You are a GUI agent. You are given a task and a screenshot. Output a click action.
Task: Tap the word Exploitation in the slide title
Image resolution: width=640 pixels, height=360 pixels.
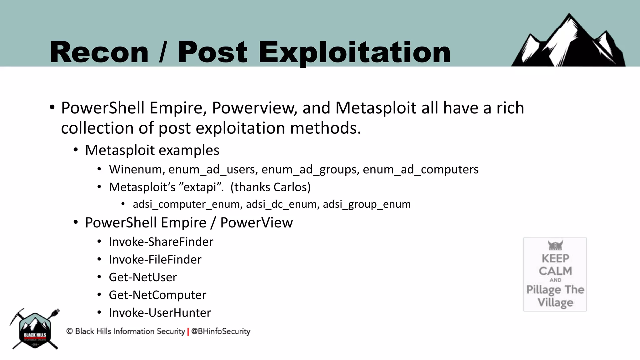point(354,52)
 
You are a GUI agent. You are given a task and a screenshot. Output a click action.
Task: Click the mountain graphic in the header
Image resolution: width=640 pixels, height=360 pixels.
point(568,42)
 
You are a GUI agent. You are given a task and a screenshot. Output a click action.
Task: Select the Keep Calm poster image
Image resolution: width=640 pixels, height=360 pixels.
point(555,274)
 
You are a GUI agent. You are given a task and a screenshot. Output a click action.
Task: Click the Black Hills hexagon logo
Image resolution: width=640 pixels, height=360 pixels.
point(35,330)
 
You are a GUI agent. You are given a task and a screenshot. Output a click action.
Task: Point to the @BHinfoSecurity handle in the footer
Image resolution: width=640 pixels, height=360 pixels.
point(221,331)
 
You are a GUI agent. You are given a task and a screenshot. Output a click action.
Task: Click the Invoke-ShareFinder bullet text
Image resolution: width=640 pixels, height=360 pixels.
point(161,242)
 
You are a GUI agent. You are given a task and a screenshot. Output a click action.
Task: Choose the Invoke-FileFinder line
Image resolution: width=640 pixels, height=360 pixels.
point(155,260)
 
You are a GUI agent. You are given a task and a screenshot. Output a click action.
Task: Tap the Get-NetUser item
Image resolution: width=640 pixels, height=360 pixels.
point(143,277)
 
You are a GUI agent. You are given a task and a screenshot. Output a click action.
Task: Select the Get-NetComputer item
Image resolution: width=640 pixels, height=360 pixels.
point(157,295)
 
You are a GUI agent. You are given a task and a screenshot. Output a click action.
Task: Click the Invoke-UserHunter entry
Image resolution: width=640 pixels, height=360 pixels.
point(160,313)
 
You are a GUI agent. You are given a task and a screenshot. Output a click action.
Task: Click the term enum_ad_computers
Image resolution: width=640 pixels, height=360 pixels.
point(420,170)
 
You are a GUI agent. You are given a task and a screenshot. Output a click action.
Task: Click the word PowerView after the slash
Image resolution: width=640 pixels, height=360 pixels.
point(256,223)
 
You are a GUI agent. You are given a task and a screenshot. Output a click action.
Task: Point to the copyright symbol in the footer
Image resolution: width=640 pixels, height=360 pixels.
point(69,331)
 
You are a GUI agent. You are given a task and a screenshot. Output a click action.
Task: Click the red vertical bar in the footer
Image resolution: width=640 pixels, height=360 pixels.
point(188,332)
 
